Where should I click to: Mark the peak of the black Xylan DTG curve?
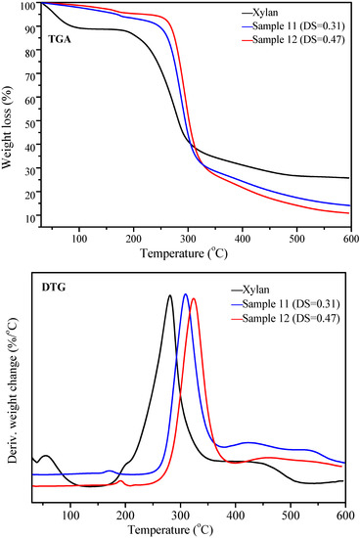(x=169, y=295)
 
